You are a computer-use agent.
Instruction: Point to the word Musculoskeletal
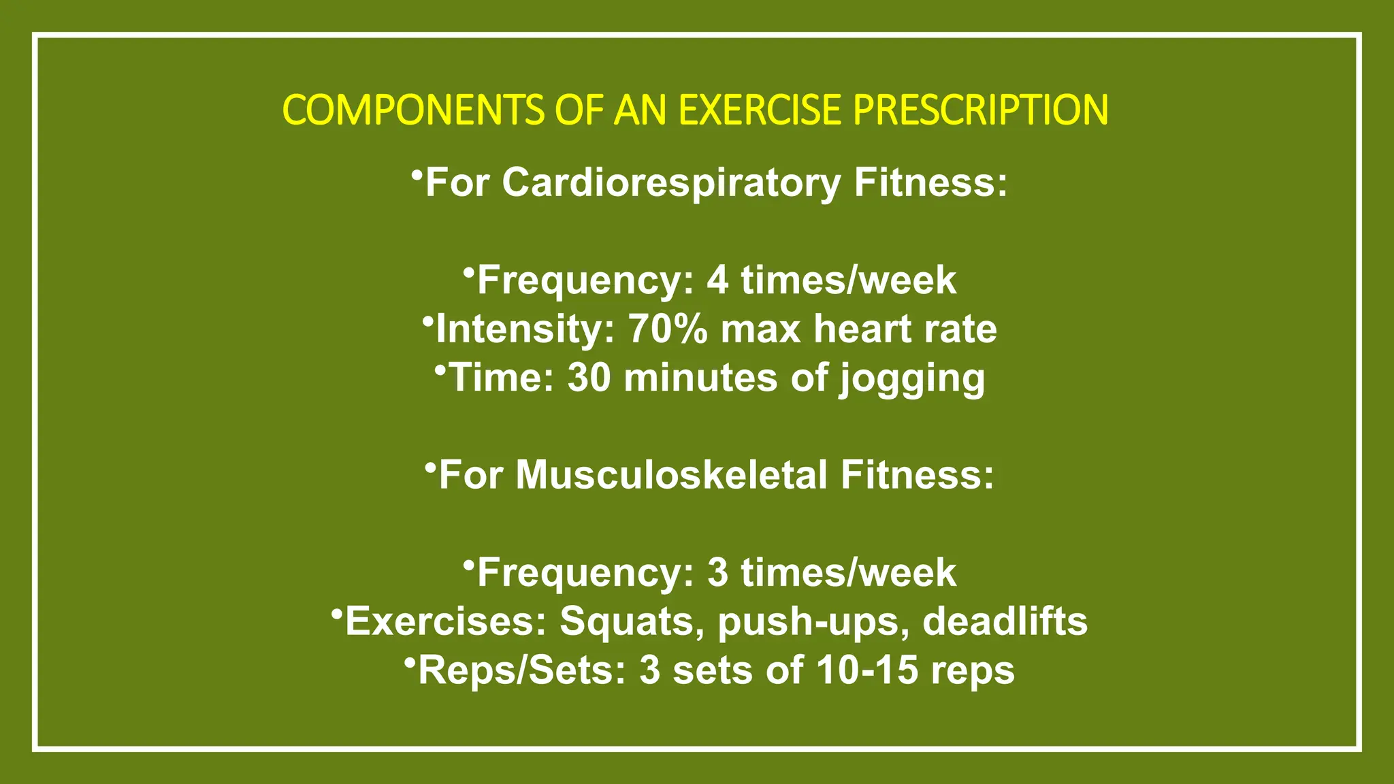coord(671,475)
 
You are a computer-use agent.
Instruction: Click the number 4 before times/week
coord(717,280)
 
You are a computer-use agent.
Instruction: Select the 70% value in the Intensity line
coord(668,329)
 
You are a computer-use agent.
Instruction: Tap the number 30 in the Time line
coord(589,378)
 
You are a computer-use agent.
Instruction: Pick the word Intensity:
coord(525,329)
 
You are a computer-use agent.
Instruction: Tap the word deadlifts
coord(1005,622)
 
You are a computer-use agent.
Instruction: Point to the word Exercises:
coord(446,622)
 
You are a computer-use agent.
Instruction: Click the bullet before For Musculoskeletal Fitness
coord(429,468)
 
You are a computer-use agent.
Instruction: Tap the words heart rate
coord(905,329)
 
